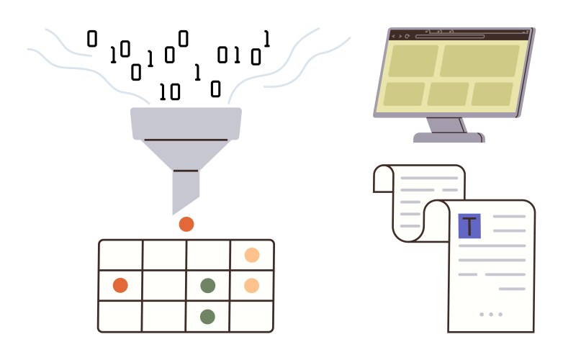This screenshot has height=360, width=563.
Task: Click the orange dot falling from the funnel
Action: tap(186, 224)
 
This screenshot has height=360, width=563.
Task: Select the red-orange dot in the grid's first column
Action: tap(120, 286)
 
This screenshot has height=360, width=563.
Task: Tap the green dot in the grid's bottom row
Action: tap(208, 316)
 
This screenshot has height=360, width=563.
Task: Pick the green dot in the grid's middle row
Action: tap(208, 286)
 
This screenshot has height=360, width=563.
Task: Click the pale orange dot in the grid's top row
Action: tap(252, 255)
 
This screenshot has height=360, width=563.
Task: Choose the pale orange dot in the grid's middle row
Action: tap(252, 286)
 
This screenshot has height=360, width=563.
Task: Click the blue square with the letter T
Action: tap(469, 226)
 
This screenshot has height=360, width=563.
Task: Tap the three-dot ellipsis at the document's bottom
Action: tap(491, 315)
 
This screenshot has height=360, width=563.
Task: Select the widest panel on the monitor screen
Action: tap(479, 60)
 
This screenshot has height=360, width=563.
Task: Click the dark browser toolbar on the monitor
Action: tap(461, 35)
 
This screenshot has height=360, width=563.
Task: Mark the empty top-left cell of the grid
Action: tap(120, 255)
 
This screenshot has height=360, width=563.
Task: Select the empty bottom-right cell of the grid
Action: tap(252, 316)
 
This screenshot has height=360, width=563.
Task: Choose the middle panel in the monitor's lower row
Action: tap(448, 94)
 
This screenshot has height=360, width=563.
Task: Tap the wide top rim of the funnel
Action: tap(186, 122)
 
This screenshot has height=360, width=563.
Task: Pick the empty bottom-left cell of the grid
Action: tap(120, 316)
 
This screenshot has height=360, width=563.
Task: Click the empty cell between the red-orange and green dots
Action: tap(164, 286)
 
